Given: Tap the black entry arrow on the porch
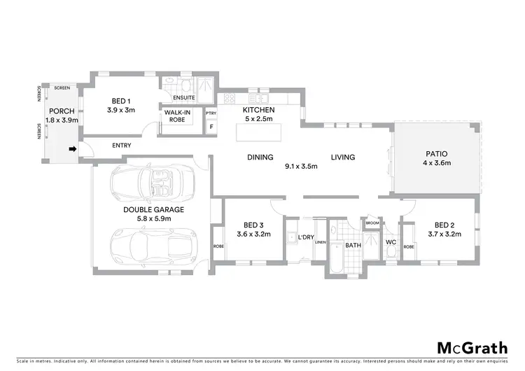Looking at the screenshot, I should point(71,149).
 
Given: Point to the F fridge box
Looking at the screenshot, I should point(211,127).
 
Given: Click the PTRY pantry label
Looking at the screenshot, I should point(211,113).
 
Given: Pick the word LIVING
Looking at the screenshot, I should point(343,157).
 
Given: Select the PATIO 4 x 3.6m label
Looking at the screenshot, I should point(437,158).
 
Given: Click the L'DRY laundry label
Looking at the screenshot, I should point(305,238).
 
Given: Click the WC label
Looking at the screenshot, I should point(391,243).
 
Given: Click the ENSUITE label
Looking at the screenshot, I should point(183,97).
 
